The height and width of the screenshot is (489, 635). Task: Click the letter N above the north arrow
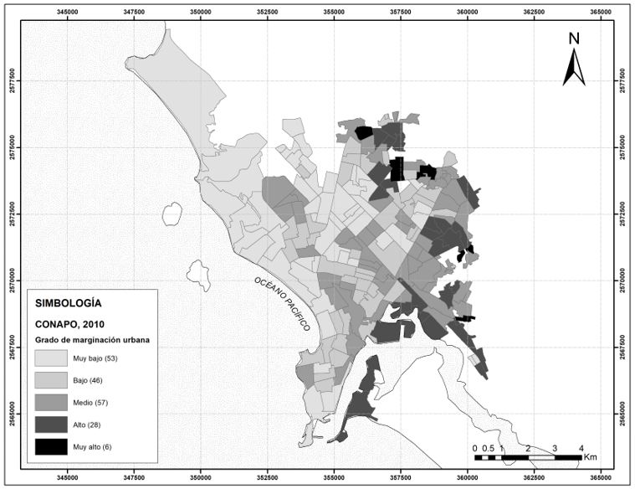coord(574,39)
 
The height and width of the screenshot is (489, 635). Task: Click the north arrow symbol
coord(574,68)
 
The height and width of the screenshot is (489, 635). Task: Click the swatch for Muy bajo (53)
coord(51,358)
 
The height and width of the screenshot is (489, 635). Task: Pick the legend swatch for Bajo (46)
coord(51,380)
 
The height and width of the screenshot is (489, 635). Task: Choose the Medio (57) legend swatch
coord(51,402)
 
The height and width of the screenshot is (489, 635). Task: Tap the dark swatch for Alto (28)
coord(51,424)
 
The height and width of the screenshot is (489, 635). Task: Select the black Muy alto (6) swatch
coord(51,446)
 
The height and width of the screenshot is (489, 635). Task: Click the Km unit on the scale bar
coord(591,458)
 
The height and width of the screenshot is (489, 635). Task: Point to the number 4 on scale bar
coord(581,448)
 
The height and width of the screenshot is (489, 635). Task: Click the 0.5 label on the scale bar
coord(488,448)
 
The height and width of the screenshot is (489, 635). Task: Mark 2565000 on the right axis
coord(623,414)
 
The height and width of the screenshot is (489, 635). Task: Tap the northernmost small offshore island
coord(172,214)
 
